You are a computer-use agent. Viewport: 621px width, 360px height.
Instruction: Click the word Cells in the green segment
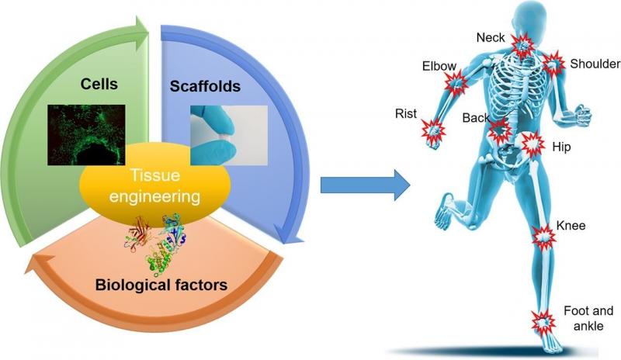[x=99, y=84]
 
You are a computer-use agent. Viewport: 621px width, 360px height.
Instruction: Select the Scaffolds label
[x=205, y=86]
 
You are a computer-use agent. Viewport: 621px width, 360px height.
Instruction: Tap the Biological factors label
[x=161, y=285]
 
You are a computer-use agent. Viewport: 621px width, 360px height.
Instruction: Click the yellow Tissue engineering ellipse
[x=154, y=185]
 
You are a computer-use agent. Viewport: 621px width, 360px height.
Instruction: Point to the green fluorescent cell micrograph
[x=86, y=135]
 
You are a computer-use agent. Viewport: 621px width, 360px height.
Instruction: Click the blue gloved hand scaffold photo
[x=229, y=135]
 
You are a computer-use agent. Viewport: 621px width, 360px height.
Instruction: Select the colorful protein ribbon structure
[x=157, y=242]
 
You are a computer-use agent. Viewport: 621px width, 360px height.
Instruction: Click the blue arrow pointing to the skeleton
[x=365, y=185]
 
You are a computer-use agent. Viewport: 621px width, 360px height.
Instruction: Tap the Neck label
[x=491, y=37]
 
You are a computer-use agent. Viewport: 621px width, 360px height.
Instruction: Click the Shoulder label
[x=595, y=64]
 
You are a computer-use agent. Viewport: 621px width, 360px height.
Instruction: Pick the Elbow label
[x=439, y=66]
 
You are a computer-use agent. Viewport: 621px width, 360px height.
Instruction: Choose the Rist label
[x=406, y=113]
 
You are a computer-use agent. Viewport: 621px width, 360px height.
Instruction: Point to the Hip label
[x=561, y=147]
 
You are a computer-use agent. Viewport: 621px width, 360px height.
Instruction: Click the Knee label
[x=571, y=226]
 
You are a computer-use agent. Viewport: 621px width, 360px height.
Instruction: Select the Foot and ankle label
[x=588, y=318]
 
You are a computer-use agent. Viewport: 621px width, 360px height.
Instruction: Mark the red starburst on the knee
[x=543, y=237]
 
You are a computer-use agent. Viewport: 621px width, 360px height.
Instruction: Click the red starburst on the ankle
[x=543, y=322]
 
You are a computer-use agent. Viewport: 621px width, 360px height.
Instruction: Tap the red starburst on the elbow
[x=456, y=83]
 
